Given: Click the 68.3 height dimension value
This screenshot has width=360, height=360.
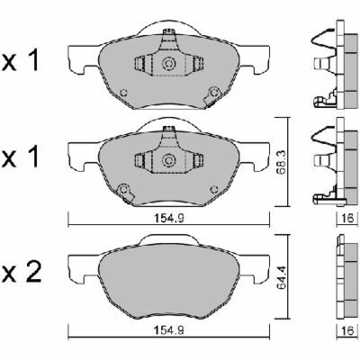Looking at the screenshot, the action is tap(281, 163).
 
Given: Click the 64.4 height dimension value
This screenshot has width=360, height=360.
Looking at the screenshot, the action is tap(281, 276).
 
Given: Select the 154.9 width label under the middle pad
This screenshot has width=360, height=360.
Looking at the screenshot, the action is tap(168, 219).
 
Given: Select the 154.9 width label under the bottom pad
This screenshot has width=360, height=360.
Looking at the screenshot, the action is tap(168, 331).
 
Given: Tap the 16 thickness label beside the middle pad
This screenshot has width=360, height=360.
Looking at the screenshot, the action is tap(347, 219).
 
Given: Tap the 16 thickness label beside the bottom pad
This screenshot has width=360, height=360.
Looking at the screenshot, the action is tap(347, 331).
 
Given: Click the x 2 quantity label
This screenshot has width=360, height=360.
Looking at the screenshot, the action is tap(22, 273).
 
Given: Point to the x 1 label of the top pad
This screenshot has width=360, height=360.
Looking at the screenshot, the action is tap(21, 61).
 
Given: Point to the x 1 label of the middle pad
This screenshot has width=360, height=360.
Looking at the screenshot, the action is tap(21, 157).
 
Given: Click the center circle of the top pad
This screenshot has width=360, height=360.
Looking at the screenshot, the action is tap(168, 64).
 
